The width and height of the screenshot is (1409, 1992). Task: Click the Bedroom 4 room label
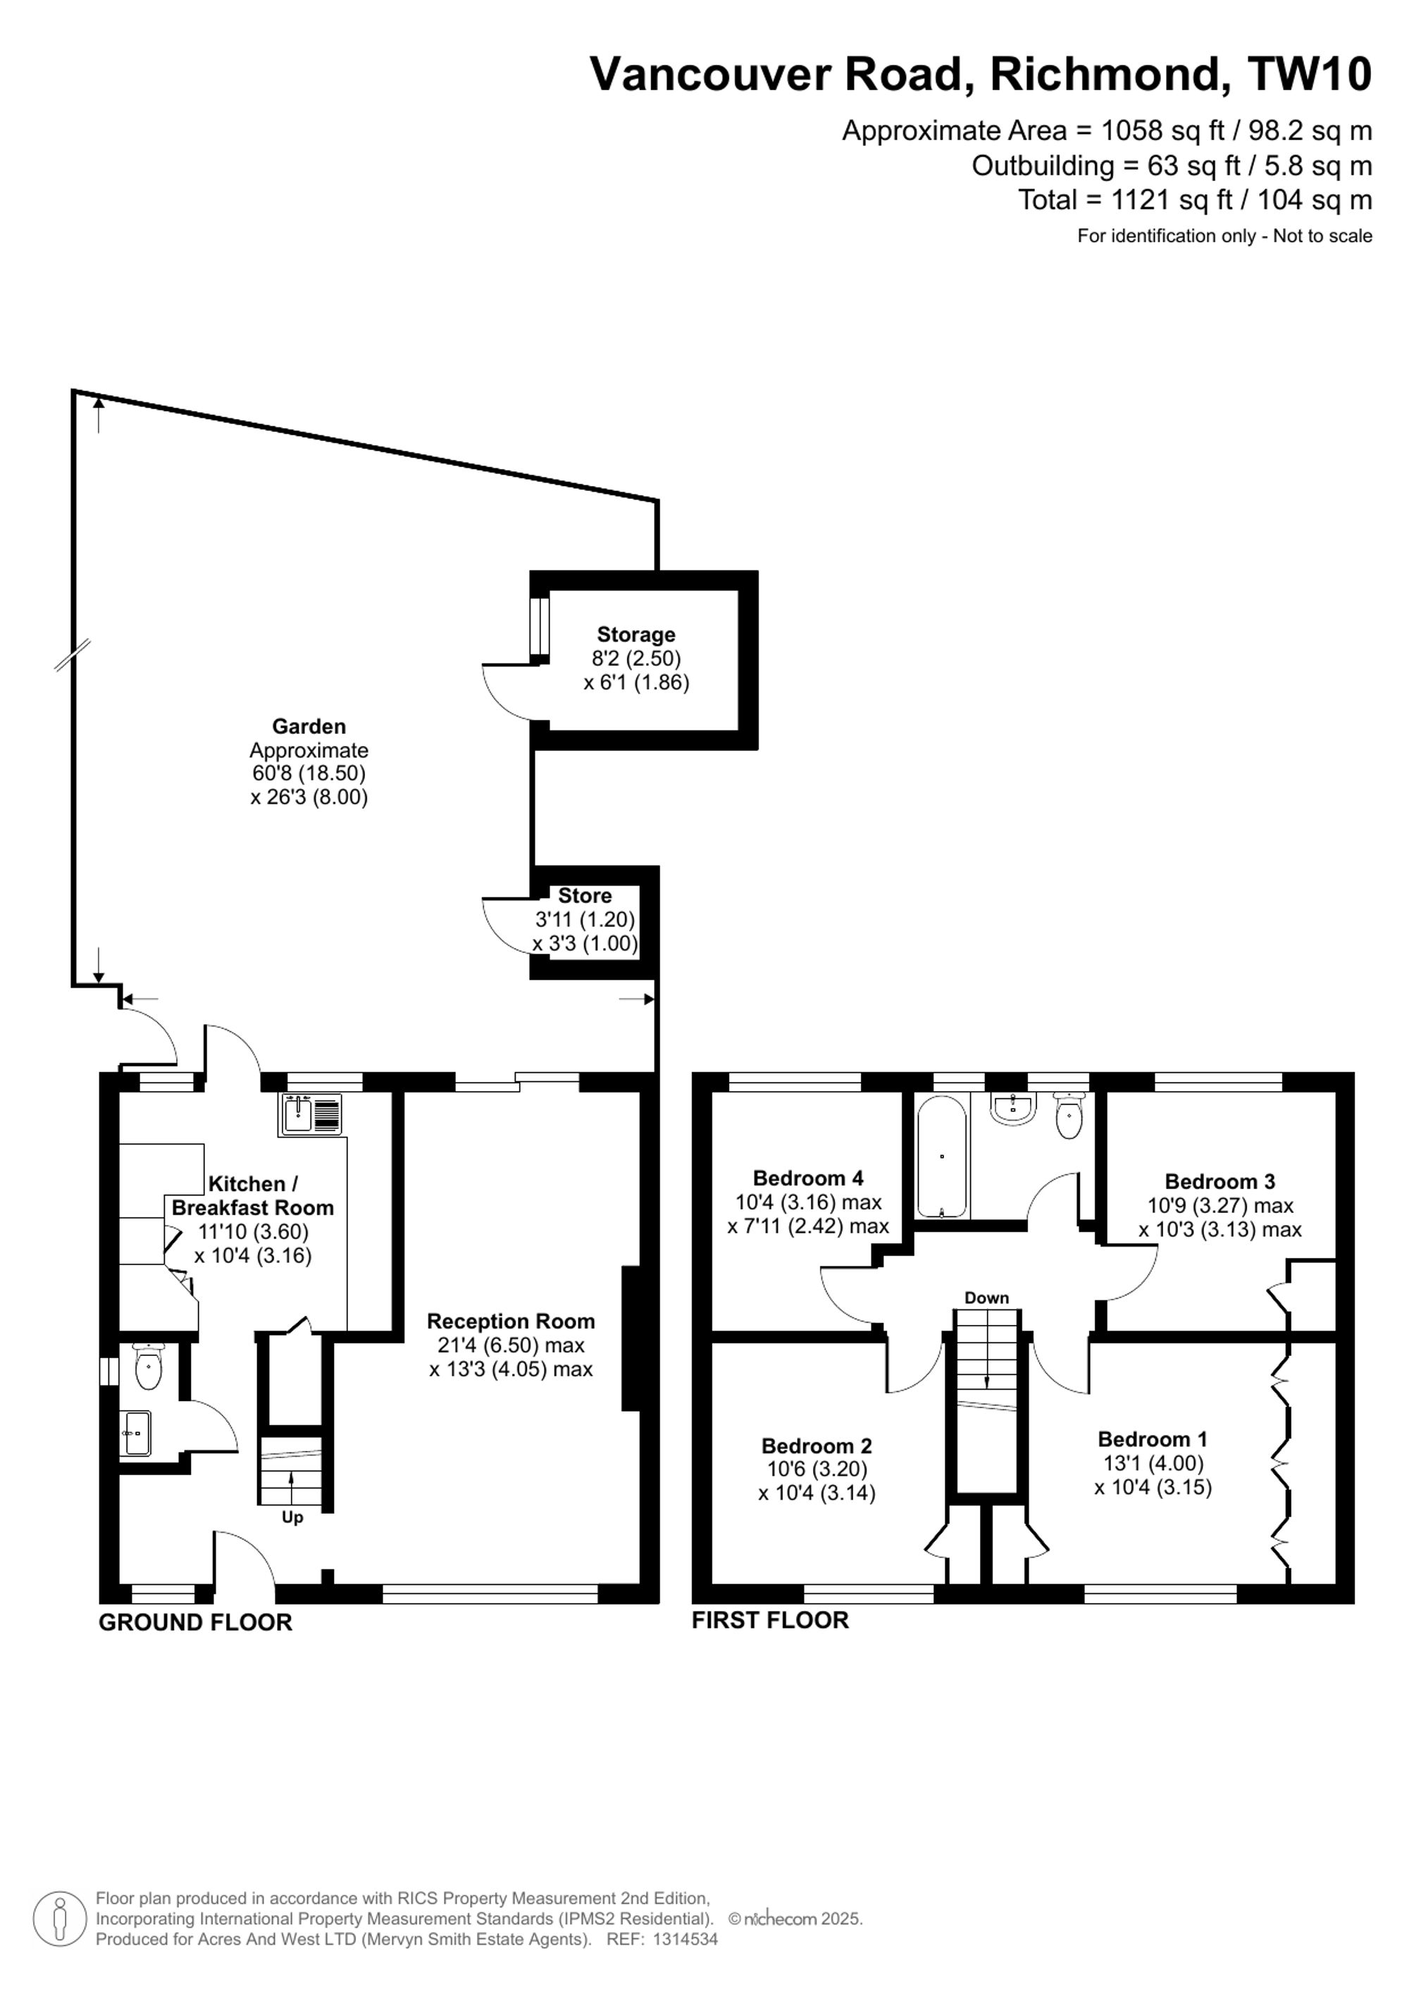point(808,1178)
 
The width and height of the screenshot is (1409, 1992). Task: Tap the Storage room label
point(636,634)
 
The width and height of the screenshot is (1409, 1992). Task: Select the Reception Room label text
point(511,1321)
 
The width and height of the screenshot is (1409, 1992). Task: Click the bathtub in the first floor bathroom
point(941,1157)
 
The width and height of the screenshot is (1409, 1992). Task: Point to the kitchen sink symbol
point(311,1115)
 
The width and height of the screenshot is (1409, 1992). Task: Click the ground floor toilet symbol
point(149,1367)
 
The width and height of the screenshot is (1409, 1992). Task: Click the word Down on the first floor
point(986,1298)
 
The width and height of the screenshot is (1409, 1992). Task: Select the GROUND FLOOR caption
point(195,1622)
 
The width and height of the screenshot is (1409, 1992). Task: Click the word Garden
point(309,726)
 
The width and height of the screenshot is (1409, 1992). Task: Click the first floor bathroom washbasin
point(1012,1108)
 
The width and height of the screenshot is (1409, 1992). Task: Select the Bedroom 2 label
point(817,1446)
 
